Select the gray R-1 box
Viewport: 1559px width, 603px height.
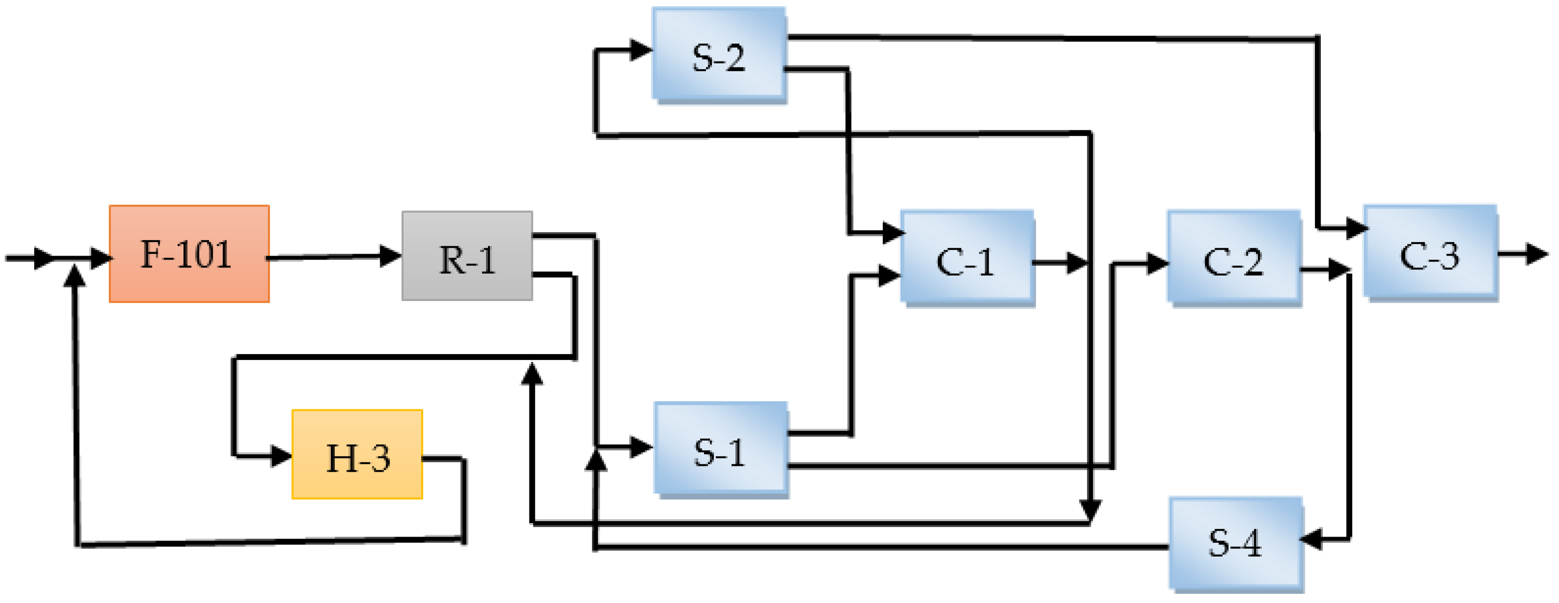[x=466, y=256]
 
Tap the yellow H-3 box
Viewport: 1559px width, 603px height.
[x=357, y=454]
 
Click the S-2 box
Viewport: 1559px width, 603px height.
[x=718, y=55]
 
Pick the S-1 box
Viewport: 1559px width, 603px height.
[x=720, y=449]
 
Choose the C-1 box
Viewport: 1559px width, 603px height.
[x=967, y=258]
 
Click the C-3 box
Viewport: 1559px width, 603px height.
[x=1430, y=252]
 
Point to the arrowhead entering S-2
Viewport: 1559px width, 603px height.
[x=640, y=50]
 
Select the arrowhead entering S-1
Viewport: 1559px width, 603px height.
[x=642, y=447]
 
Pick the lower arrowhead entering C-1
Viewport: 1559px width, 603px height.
[x=889, y=275]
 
